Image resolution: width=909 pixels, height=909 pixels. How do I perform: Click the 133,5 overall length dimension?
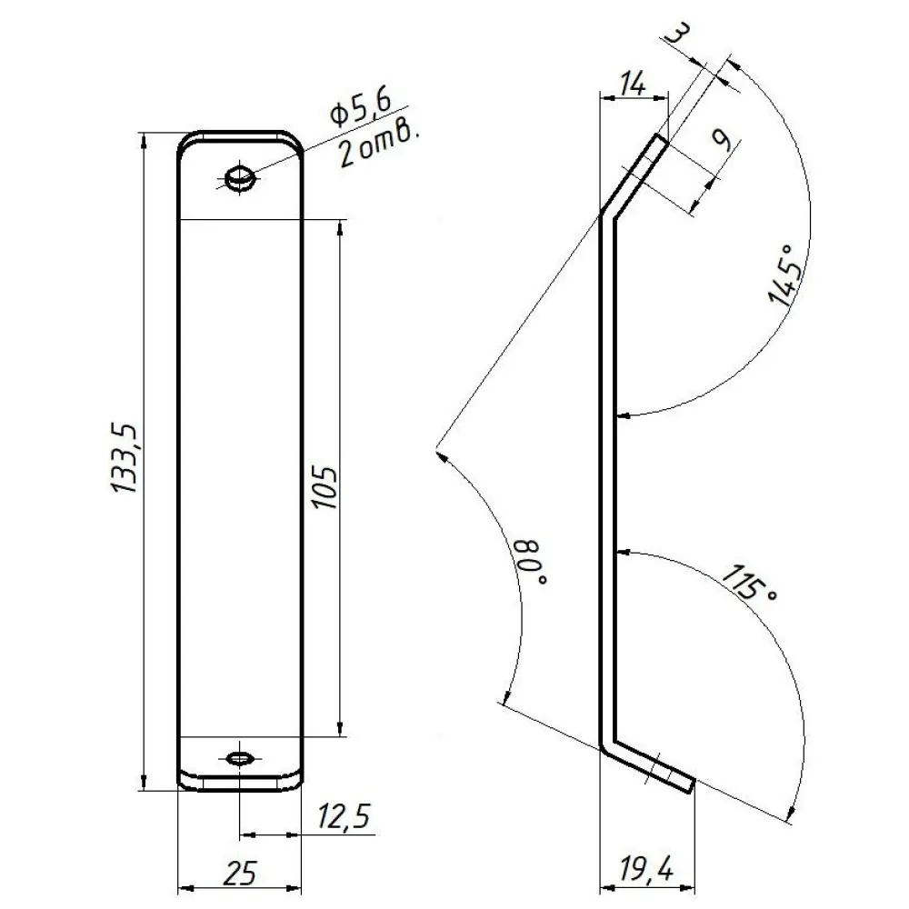124,458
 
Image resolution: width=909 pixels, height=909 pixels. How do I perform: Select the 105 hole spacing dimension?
325,486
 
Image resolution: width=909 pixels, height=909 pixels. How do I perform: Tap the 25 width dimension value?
239,873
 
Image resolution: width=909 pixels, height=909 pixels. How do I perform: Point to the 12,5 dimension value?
344,817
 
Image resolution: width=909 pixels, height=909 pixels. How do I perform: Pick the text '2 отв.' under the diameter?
378,147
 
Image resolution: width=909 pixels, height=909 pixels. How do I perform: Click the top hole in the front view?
239,177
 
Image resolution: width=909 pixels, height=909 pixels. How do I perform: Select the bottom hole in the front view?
239,758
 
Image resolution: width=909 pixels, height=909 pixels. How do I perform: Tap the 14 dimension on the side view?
633,84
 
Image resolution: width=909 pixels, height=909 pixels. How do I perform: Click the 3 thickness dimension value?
676,35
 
